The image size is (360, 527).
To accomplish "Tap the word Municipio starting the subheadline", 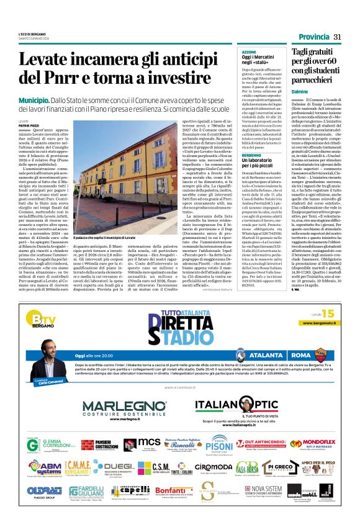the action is tap(35, 100).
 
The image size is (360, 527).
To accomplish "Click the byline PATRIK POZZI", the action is tap(28, 125).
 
